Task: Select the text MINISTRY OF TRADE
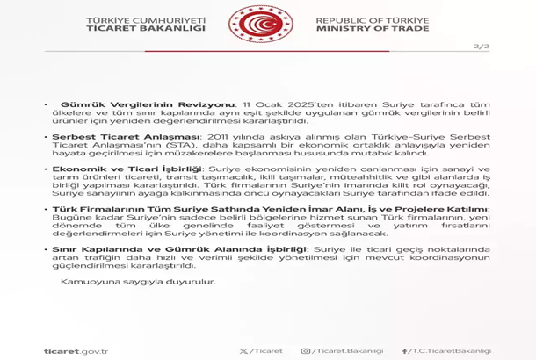coord(373,29)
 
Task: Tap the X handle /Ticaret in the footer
coord(265,351)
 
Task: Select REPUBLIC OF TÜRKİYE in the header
coord(373,19)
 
